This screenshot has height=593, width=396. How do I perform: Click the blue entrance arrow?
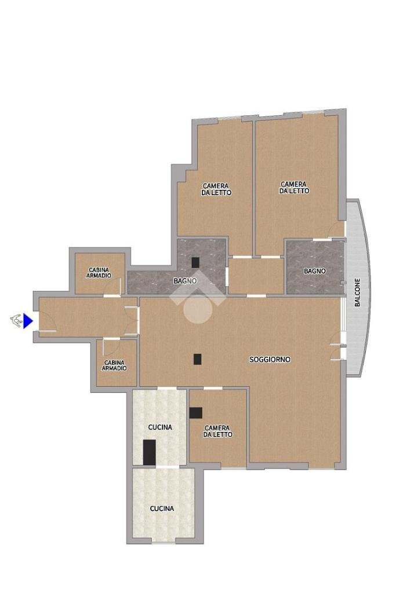[28, 321]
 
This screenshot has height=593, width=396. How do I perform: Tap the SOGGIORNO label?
[270, 359]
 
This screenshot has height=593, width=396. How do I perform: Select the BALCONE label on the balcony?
[357, 292]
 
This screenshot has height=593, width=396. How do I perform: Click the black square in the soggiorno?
[197, 359]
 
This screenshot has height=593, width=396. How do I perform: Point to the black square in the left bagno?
[195, 262]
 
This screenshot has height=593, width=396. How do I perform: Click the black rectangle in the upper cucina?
[149, 452]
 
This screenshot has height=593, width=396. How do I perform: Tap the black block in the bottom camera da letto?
[196, 412]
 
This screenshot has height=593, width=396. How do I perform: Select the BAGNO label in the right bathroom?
[315, 271]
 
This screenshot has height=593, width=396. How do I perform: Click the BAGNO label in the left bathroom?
[185, 281]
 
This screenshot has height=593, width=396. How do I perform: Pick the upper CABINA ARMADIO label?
[99, 273]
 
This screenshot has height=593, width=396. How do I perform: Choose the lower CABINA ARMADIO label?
[114, 365]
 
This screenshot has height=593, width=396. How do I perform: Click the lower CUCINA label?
[162, 508]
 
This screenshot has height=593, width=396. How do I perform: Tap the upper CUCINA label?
[160, 427]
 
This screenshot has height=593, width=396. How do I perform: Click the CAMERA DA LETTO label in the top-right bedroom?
[294, 188]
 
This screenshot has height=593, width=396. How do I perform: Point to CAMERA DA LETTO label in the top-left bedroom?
[216, 189]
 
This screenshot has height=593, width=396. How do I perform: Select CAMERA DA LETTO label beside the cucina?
[217, 431]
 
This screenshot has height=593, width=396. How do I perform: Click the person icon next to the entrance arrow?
[16, 321]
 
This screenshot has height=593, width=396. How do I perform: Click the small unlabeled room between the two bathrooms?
[256, 276]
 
